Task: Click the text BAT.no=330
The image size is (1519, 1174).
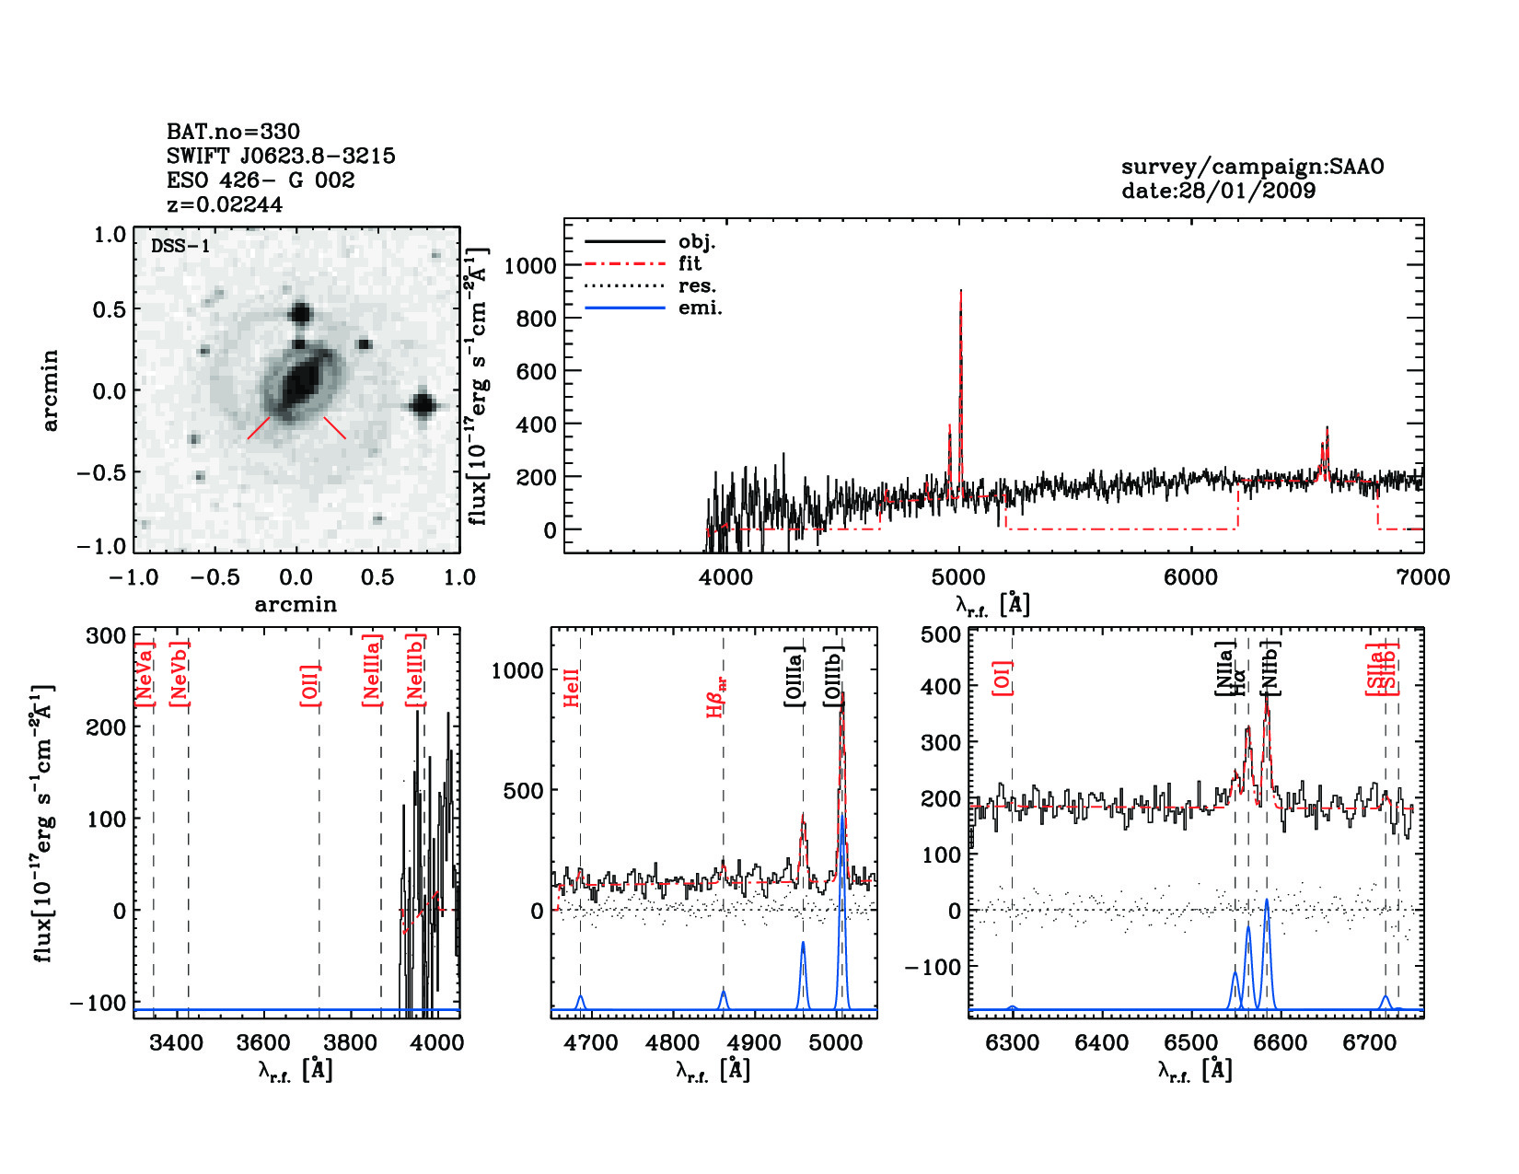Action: click(x=233, y=132)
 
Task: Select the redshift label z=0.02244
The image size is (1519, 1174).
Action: click(x=225, y=204)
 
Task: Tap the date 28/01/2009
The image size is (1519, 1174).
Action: click(x=1218, y=191)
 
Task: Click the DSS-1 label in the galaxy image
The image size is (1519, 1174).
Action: click(x=180, y=246)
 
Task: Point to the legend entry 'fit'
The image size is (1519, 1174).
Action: click(x=690, y=263)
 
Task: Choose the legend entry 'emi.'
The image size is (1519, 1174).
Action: click(x=700, y=308)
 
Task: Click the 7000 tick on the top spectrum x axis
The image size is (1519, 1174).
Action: click(x=1422, y=577)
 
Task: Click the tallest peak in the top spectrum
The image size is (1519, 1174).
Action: click(x=960, y=293)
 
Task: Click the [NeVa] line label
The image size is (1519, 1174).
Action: click(x=144, y=674)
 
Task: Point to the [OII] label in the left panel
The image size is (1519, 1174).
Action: click(x=309, y=684)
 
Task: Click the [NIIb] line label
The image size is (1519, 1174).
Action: click(x=1270, y=668)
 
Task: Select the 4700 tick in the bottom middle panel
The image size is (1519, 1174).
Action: click(x=590, y=1043)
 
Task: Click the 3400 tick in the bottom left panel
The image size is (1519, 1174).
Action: click(x=176, y=1043)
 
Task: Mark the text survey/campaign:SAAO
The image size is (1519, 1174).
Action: click(x=1252, y=167)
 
